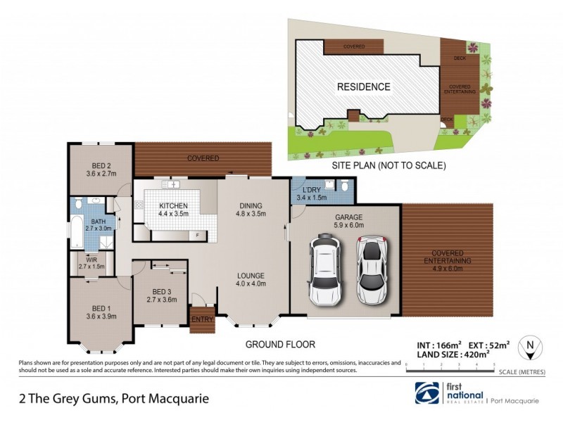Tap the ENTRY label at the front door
coord(202,320)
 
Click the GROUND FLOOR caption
coord(279,345)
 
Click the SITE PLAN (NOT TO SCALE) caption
coord(389,166)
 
